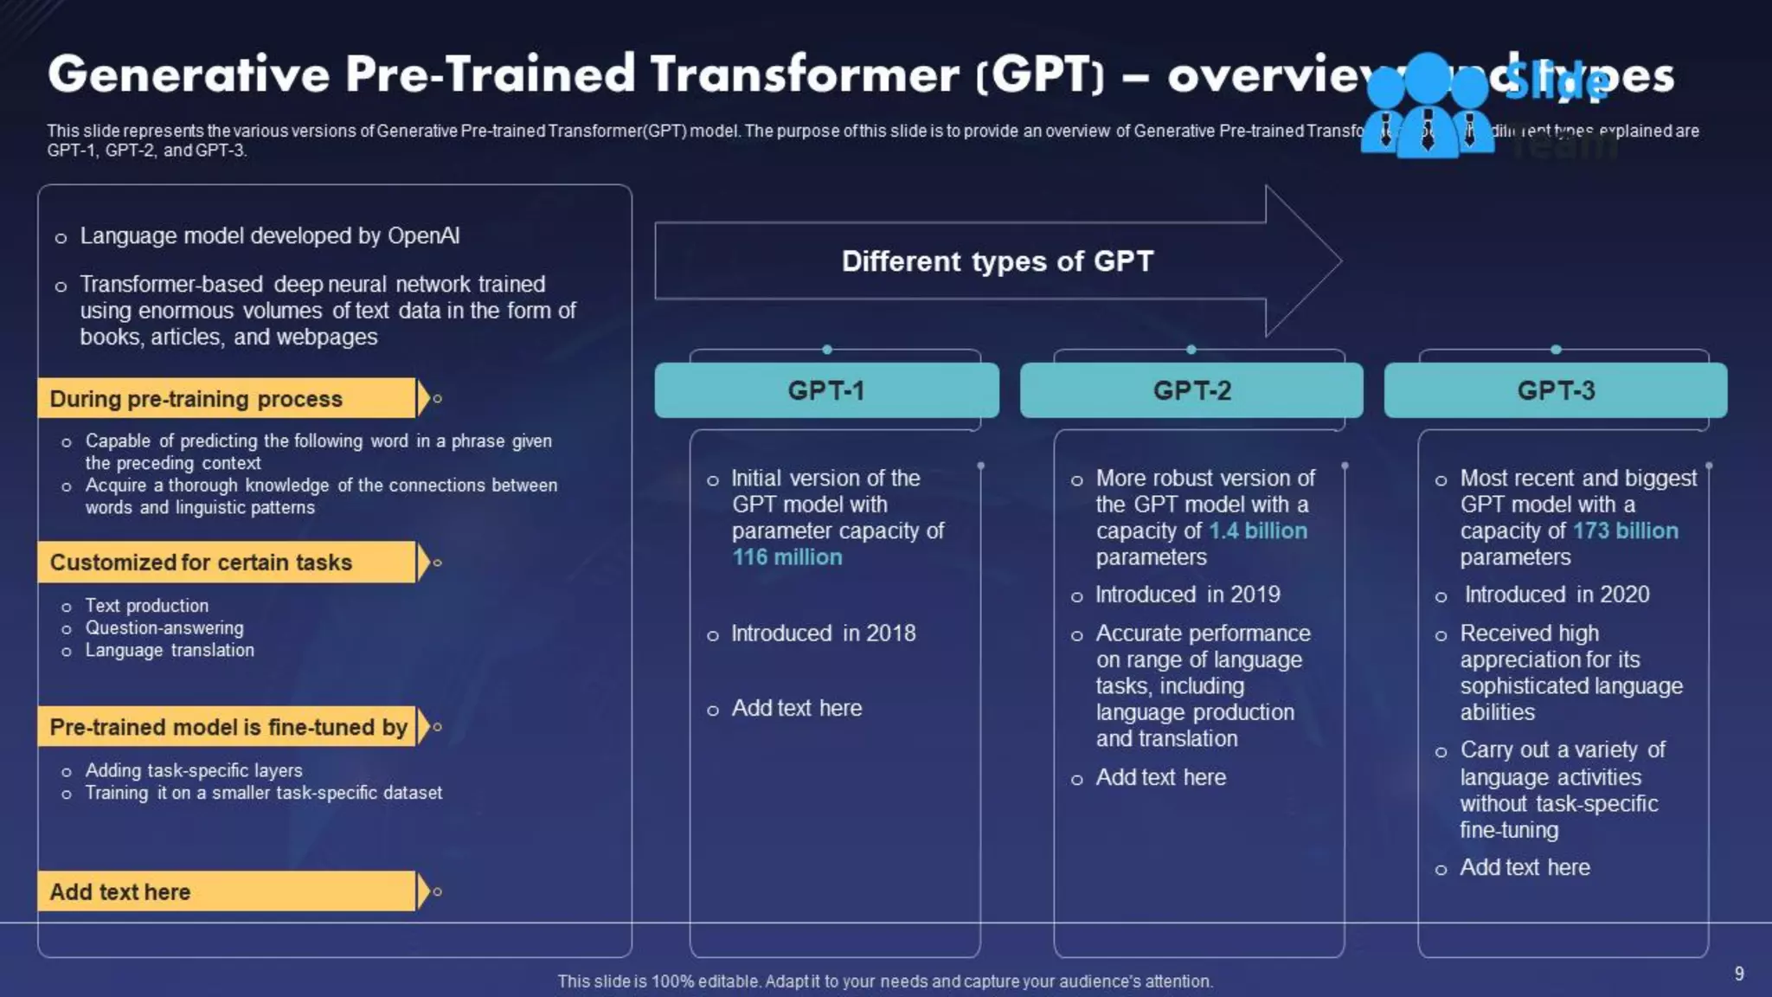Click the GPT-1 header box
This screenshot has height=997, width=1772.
(x=826, y=390)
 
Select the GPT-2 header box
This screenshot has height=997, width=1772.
(x=1191, y=390)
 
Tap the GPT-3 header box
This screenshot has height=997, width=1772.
(x=1556, y=390)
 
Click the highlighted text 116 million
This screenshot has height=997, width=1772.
(x=787, y=557)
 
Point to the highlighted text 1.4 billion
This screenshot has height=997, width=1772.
(x=1258, y=531)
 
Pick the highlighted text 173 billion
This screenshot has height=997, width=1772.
(x=1626, y=531)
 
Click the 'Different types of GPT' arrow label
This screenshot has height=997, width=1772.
(x=998, y=261)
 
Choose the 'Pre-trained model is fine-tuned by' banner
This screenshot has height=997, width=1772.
(x=228, y=727)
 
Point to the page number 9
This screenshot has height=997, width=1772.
(x=1739, y=974)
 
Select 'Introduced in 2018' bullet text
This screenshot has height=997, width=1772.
(x=823, y=634)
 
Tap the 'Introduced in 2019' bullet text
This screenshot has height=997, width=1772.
(x=1187, y=595)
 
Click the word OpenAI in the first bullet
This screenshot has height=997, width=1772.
(x=423, y=236)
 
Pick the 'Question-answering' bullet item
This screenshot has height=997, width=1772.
(x=164, y=628)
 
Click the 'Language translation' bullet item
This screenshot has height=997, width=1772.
(x=170, y=651)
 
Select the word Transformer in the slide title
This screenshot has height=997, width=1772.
(x=805, y=74)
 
